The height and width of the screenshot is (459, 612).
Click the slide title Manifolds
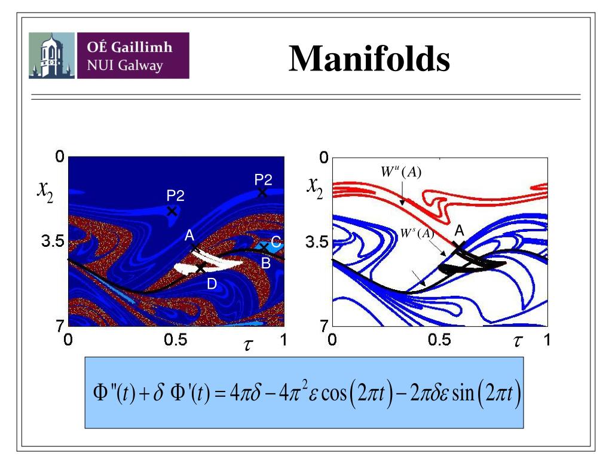point(369,59)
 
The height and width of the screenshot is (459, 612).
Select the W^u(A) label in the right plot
point(402,173)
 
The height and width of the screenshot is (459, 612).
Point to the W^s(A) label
point(417,233)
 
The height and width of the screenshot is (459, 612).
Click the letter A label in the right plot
point(459,230)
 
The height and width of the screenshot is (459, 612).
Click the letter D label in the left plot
point(212,284)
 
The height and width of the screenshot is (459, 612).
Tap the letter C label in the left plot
point(276,242)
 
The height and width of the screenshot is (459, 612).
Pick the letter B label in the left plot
point(266,262)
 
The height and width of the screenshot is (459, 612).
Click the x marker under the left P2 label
point(172,211)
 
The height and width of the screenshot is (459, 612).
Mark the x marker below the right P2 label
point(262,192)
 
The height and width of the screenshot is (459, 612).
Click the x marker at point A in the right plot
point(457,245)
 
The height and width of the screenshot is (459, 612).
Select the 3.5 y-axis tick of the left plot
point(52,242)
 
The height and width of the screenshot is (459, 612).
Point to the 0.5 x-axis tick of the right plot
point(439,341)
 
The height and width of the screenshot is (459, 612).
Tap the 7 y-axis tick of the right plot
point(323,326)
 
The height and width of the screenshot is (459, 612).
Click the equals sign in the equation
point(221,394)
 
